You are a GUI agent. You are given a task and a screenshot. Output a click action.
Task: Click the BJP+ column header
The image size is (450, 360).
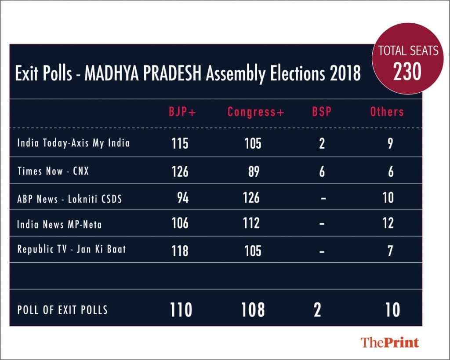(182, 112)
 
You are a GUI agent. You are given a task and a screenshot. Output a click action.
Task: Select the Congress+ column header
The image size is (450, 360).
(256, 112)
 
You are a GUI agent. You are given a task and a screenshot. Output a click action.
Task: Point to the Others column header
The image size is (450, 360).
(387, 112)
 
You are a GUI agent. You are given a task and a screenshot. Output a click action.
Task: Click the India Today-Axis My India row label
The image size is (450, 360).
(73, 143)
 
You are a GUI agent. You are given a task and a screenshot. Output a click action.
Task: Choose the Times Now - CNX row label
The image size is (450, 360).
(53, 171)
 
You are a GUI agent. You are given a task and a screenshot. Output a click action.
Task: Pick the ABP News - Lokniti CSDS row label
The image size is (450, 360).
(69, 198)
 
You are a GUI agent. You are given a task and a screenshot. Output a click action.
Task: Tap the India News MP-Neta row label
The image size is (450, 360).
(59, 224)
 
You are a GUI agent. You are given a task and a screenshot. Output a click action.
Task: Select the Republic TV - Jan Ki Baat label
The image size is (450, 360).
(72, 249)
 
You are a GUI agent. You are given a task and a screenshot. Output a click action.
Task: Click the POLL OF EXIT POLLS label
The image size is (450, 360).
(62, 310)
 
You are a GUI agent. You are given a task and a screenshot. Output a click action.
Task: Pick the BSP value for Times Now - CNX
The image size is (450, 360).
(322, 171)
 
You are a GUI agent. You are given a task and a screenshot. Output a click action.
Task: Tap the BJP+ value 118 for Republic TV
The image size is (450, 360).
(180, 251)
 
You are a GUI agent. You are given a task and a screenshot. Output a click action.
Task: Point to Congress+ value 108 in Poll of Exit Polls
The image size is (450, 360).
(253, 310)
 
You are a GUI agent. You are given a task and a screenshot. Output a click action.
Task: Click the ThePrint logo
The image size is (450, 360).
(390, 342)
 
